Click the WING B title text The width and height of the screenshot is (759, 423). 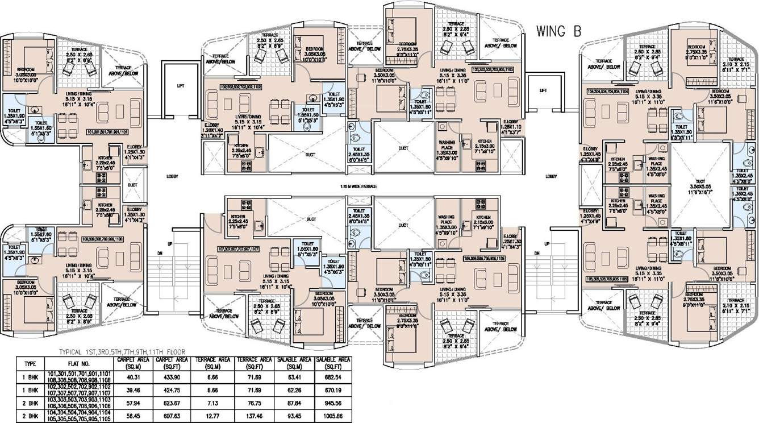(558, 32)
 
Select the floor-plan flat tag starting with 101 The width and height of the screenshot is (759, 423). (111, 132)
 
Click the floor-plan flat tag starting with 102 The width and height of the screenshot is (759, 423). (240, 88)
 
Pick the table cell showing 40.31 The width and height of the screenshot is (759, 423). (134, 377)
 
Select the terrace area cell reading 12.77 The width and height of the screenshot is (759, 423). (212, 417)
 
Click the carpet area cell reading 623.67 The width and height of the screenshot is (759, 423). (172, 404)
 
